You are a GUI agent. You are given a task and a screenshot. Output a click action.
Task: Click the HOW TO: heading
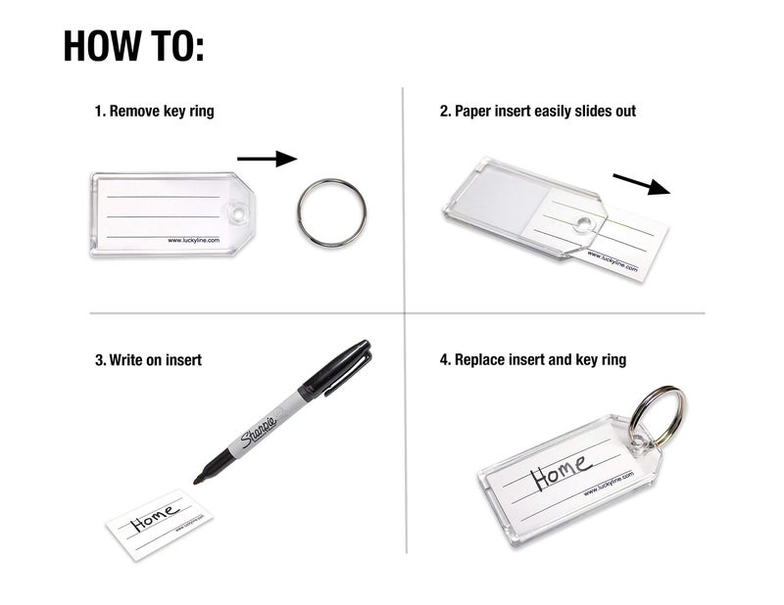[x=133, y=46]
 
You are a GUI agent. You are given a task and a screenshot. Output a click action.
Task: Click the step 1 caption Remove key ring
[x=154, y=112]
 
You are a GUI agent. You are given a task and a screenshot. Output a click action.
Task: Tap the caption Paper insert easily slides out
[x=537, y=112]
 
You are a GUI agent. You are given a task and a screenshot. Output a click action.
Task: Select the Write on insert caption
[x=149, y=360]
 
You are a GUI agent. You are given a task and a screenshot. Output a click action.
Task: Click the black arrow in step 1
[x=266, y=158]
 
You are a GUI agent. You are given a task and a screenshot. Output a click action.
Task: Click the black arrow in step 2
[x=641, y=184]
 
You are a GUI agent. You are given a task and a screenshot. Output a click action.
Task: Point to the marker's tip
[x=197, y=479]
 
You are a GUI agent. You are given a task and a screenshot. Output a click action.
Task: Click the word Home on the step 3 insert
[x=155, y=515]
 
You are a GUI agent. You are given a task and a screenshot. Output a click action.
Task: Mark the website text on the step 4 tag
[x=609, y=484]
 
